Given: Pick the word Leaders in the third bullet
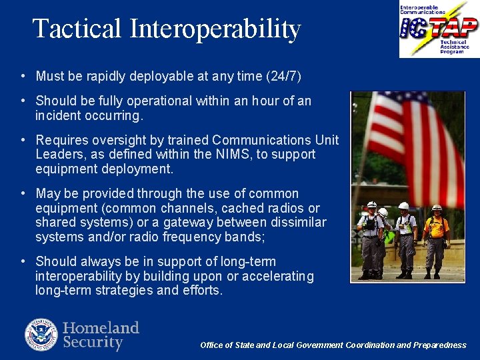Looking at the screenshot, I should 57,155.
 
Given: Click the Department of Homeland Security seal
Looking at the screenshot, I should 41,335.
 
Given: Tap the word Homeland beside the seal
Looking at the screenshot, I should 101,328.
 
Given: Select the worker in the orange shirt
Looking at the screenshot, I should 436,240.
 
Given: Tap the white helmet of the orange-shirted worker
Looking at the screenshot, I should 437,208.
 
